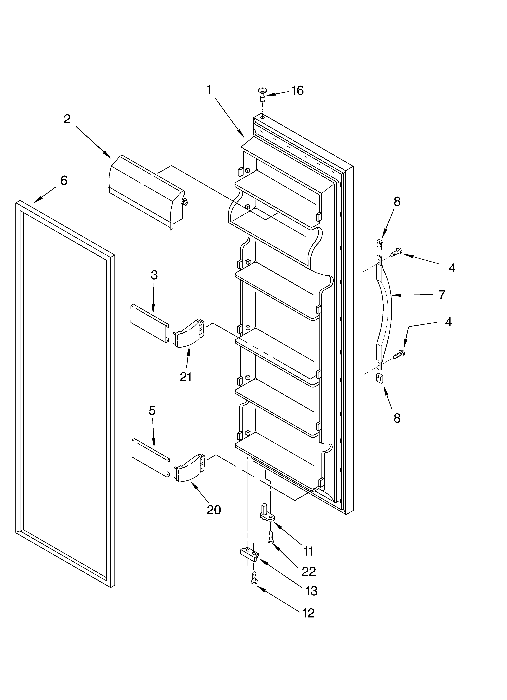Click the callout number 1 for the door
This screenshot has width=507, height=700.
pyautogui.click(x=209, y=90)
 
